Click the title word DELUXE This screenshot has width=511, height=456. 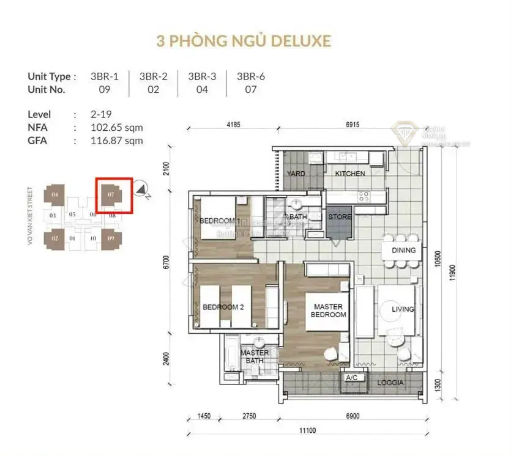point(300,41)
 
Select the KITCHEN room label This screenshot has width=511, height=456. point(350,174)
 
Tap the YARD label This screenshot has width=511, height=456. point(296,174)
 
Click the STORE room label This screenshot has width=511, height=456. point(339,216)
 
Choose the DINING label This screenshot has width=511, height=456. point(403,250)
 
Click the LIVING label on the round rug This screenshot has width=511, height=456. point(403,309)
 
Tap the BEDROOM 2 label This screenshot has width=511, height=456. point(223,307)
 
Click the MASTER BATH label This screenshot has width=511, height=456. point(255,357)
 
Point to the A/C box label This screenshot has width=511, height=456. point(352,378)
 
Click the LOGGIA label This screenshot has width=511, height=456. point(390,383)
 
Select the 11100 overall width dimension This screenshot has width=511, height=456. point(308,430)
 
